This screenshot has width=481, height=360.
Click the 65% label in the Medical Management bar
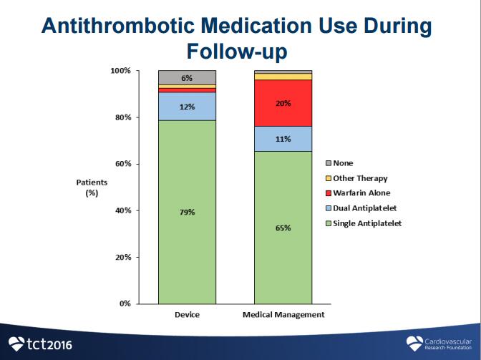click(283, 228)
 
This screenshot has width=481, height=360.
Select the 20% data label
click(283, 103)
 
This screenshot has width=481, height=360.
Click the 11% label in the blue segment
click(283, 139)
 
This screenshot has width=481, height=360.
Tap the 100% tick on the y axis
click(121, 71)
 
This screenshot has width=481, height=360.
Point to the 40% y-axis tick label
click(123, 210)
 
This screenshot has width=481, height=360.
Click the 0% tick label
click(125, 304)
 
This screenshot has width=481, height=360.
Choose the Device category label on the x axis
click(187, 315)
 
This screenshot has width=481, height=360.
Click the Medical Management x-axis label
click(283, 315)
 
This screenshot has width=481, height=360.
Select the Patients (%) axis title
click(92, 188)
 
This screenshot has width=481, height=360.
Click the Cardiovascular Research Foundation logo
click(440, 344)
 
